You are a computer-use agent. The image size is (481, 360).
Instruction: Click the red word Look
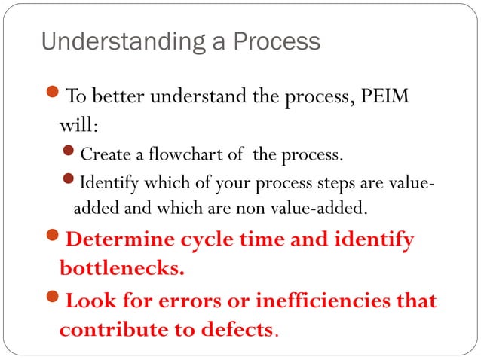tap(88, 302)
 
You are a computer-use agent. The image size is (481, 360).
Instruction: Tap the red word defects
tap(237, 329)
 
